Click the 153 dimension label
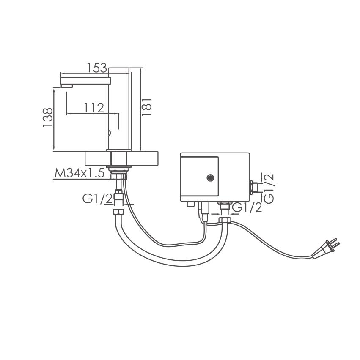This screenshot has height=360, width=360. click(x=97, y=68)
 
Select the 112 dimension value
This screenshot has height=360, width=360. click(x=94, y=108)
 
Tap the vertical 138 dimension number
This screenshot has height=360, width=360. click(x=48, y=117)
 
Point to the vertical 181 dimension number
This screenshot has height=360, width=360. click(x=146, y=107)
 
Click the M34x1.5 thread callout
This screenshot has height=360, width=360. click(x=80, y=173)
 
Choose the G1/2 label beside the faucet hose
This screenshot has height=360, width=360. click(x=97, y=198)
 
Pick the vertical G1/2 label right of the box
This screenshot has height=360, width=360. click(x=269, y=188)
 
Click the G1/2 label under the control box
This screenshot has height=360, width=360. click(x=247, y=207)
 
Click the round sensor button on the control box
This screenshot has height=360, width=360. click(x=210, y=177)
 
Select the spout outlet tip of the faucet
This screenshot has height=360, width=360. click(x=67, y=86)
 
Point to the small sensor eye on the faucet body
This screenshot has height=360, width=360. click(x=110, y=133)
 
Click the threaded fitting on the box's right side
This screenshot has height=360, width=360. click(x=254, y=186)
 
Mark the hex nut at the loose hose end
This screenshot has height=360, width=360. click(x=118, y=212)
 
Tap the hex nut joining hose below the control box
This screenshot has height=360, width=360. click(x=225, y=220)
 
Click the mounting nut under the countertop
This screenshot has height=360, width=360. click(x=118, y=169)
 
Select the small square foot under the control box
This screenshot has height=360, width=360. click(x=190, y=204)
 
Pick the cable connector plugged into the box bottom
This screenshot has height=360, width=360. click(x=203, y=210)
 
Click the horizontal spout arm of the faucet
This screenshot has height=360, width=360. click(x=85, y=81)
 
